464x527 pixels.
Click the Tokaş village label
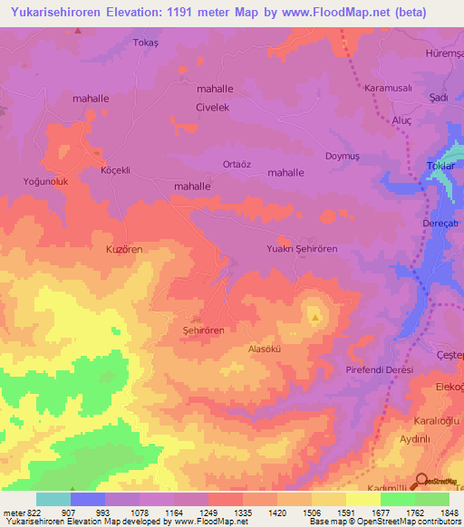(x=145, y=43)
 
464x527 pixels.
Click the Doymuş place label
(x=343, y=156)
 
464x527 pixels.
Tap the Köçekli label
(x=116, y=170)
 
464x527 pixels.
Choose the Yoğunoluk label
(x=45, y=182)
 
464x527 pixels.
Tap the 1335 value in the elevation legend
(x=244, y=513)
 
